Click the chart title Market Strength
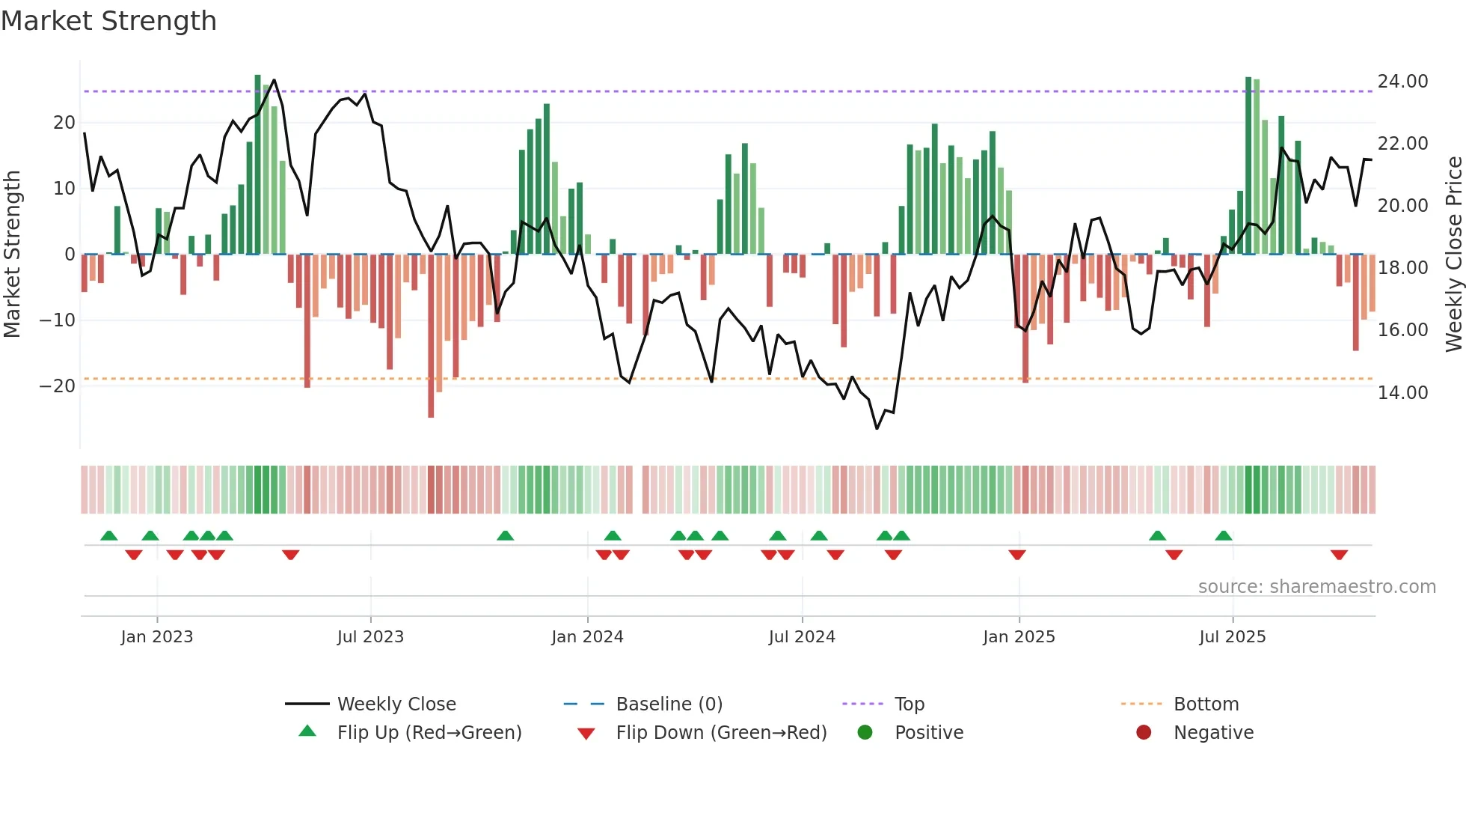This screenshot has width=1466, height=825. click(108, 21)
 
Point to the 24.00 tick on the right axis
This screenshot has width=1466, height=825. click(1402, 81)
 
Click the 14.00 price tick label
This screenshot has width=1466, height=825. click(1402, 392)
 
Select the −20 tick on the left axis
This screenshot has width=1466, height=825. click(58, 386)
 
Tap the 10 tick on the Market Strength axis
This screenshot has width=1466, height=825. click(64, 189)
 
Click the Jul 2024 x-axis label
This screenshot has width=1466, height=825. click(801, 637)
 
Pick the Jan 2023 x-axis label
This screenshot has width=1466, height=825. click(156, 637)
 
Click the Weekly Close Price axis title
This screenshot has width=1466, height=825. click(1453, 255)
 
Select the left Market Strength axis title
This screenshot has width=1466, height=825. click(12, 255)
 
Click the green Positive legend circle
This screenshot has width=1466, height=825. click(865, 732)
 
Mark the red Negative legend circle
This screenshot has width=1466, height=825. click(1144, 732)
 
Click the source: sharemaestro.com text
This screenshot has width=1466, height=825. click(1316, 587)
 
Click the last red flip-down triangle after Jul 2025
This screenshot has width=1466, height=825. click(1339, 555)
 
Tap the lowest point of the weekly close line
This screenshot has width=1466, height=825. click(877, 428)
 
